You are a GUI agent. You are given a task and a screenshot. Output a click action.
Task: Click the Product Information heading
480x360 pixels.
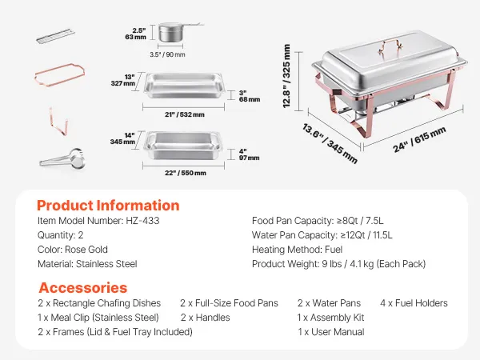click(x=108, y=206)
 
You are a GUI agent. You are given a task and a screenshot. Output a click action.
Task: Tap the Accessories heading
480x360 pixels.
click(x=83, y=288)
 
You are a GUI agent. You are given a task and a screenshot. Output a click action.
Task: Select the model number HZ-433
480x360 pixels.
click(x=142, y=221)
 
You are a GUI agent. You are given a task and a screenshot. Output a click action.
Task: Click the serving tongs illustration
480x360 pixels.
click(x=62, y=159)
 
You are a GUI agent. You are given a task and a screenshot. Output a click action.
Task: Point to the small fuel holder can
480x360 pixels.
click(x=171, y=32)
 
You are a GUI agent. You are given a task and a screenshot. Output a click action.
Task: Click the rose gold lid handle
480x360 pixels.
click(x=390, y=46)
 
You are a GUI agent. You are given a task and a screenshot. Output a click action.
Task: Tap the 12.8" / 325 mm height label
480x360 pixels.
click(x=286, y=76)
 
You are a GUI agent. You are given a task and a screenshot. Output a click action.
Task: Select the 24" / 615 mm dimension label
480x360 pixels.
click(x=419, y=139)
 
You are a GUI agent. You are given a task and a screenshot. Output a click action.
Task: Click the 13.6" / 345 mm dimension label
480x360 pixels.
click(x=330, y=143)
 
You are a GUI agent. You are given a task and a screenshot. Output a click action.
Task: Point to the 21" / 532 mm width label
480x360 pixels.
click(x=185, y=114)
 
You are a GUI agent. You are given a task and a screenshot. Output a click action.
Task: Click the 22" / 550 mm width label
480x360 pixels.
click(x=186, y=173)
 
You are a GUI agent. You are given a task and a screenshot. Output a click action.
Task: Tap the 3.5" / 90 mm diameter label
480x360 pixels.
click(x=167, y=54)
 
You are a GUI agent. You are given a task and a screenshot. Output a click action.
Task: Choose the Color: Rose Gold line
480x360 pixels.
click(x=73, y=250)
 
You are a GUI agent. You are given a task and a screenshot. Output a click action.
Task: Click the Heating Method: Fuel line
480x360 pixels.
click(x=298, y=250)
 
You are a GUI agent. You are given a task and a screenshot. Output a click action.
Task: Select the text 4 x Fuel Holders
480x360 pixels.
click(x=414, y=303)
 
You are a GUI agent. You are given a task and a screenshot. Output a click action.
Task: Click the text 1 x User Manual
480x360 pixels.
click(x=331, y=332)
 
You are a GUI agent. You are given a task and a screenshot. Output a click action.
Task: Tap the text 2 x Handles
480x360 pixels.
click(x=205, y=318)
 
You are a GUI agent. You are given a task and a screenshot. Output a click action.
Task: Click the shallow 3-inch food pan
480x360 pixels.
click(x=184, y=85)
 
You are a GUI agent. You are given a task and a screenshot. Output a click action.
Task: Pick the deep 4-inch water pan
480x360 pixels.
click(x=183, y=145)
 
